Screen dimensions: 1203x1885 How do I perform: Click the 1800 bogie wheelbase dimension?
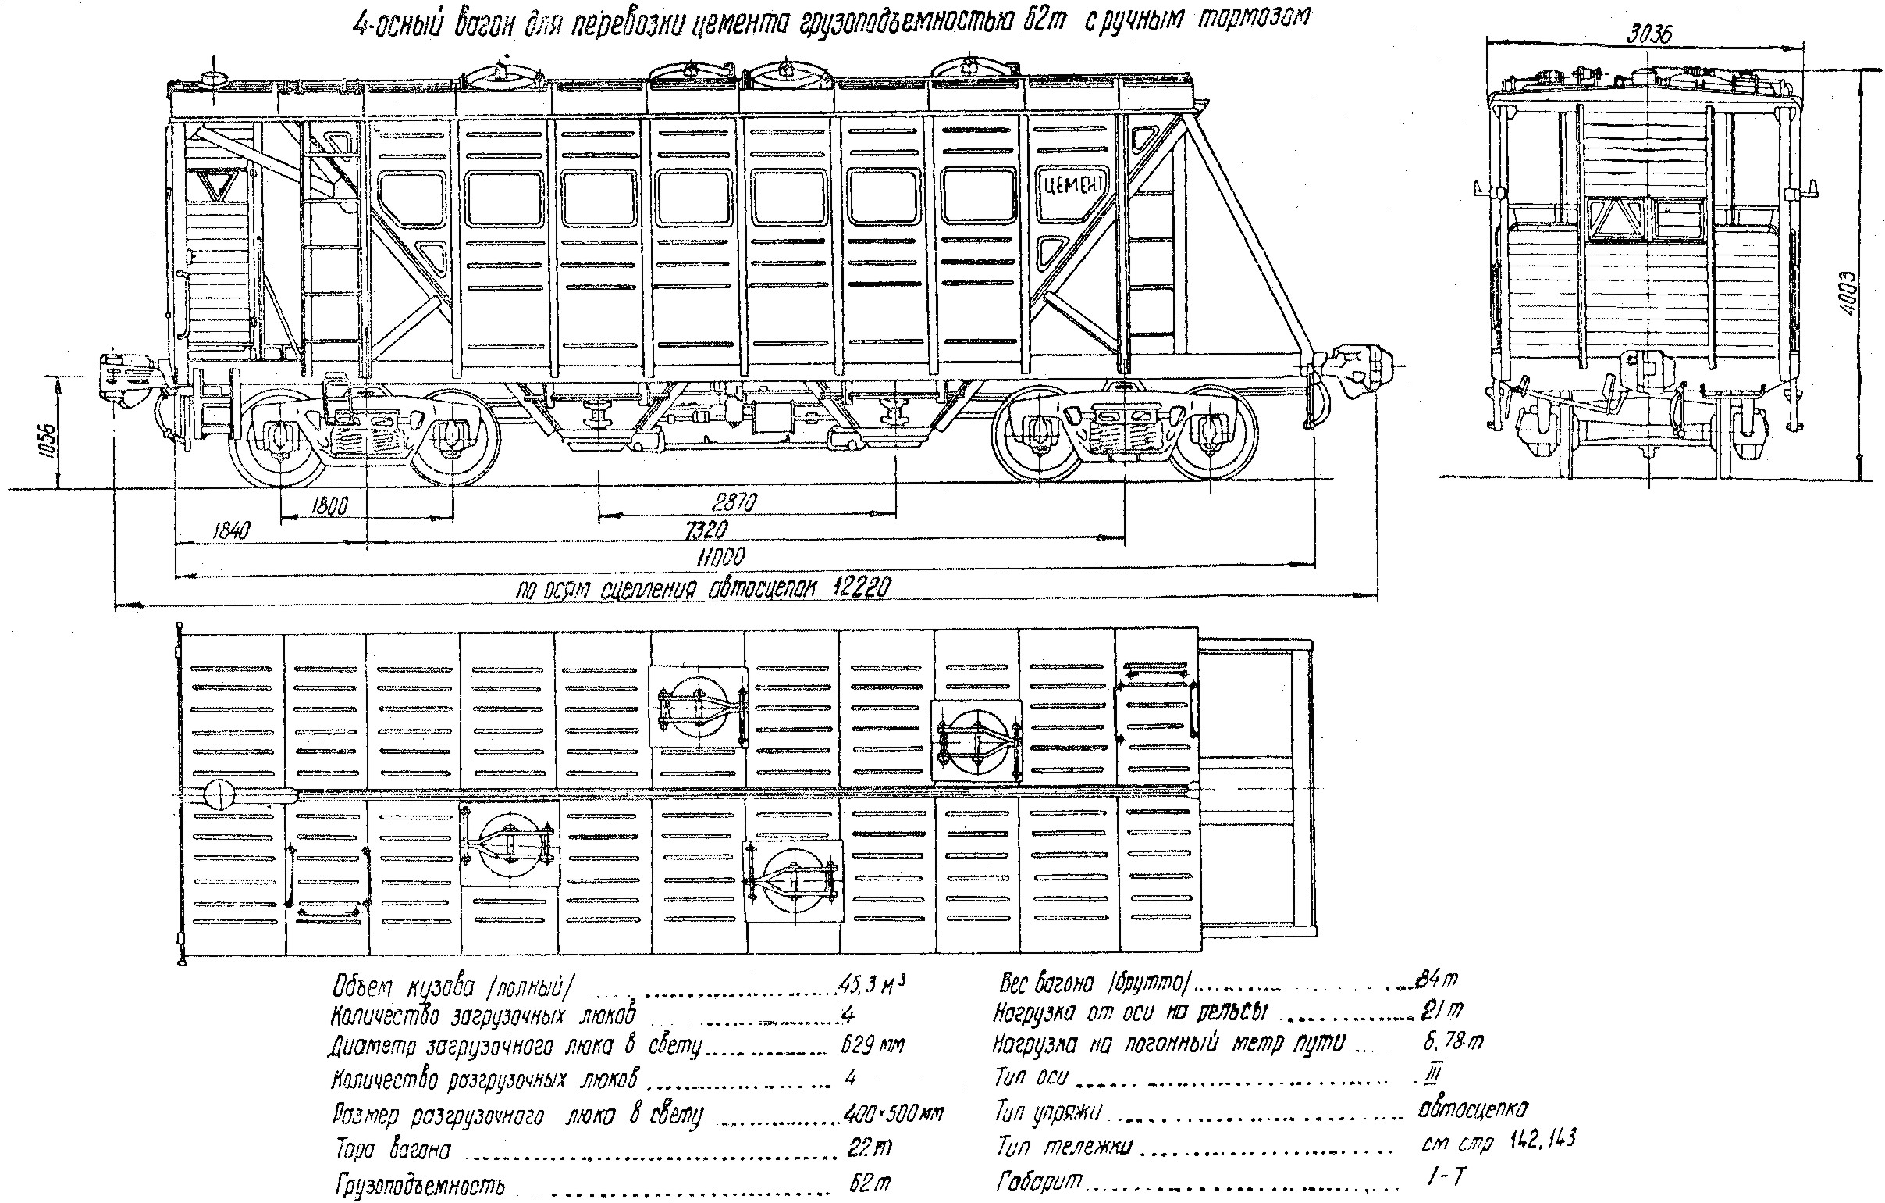[329, 505]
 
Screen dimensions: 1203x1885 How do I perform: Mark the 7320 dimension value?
[705, 530]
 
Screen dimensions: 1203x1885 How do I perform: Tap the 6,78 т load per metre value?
[1453, 1041]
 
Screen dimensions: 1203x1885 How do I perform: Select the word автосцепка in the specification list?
[1471, 1109]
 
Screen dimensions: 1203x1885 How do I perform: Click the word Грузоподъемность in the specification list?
[421, 1185]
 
